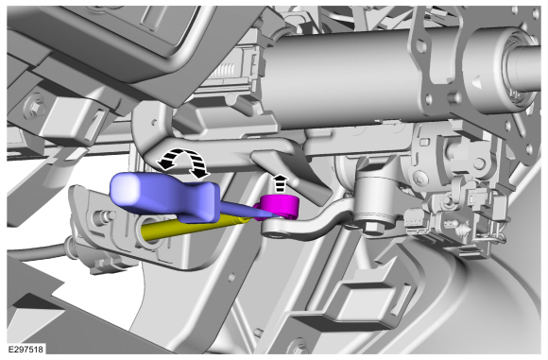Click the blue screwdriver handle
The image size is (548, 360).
coord(164,196)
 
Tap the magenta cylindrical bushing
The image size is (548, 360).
coord(280,207)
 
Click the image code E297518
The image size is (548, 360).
coord(26,350)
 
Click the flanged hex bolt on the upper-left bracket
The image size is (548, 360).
coord(36,108)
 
